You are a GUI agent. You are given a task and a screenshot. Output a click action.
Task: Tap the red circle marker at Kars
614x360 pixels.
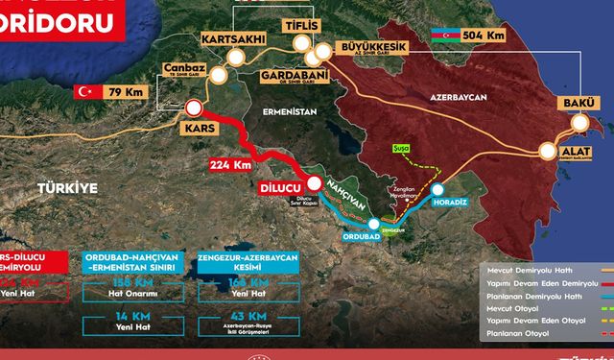[x=194, y=108]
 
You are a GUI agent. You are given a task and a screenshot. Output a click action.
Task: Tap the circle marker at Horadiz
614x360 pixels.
[x=438, y=190]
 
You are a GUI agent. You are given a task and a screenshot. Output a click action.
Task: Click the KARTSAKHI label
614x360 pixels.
[x=231, y=39]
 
